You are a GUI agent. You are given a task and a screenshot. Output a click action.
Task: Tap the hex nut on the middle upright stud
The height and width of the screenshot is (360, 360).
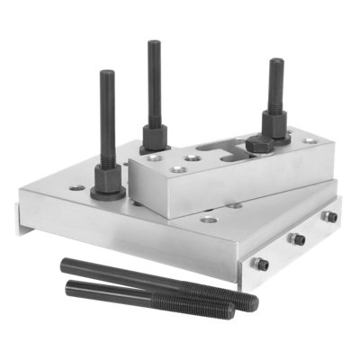point(155,138)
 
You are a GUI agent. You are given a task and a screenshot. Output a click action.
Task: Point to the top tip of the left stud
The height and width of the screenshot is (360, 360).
point(107,74)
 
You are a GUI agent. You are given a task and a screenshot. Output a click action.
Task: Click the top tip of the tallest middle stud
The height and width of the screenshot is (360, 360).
point(155,43)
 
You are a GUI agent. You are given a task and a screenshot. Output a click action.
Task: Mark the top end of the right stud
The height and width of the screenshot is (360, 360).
point(276,62)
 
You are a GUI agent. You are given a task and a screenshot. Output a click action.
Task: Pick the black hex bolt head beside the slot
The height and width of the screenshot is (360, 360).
point(255,146)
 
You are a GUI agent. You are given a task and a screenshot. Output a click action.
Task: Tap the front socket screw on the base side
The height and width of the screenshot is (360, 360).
point(259,264)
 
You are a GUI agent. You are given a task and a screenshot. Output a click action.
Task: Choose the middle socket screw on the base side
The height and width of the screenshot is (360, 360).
point(294,239)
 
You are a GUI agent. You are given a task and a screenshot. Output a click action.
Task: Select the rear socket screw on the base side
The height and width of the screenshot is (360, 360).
point(329,217)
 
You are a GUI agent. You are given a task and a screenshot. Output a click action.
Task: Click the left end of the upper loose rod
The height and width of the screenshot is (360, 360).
point(66,265)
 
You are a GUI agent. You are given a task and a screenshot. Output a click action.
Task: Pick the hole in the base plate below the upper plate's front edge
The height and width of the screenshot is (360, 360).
point(209,219)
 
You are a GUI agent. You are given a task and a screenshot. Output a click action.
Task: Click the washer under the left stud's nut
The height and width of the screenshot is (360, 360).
point(108,193)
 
